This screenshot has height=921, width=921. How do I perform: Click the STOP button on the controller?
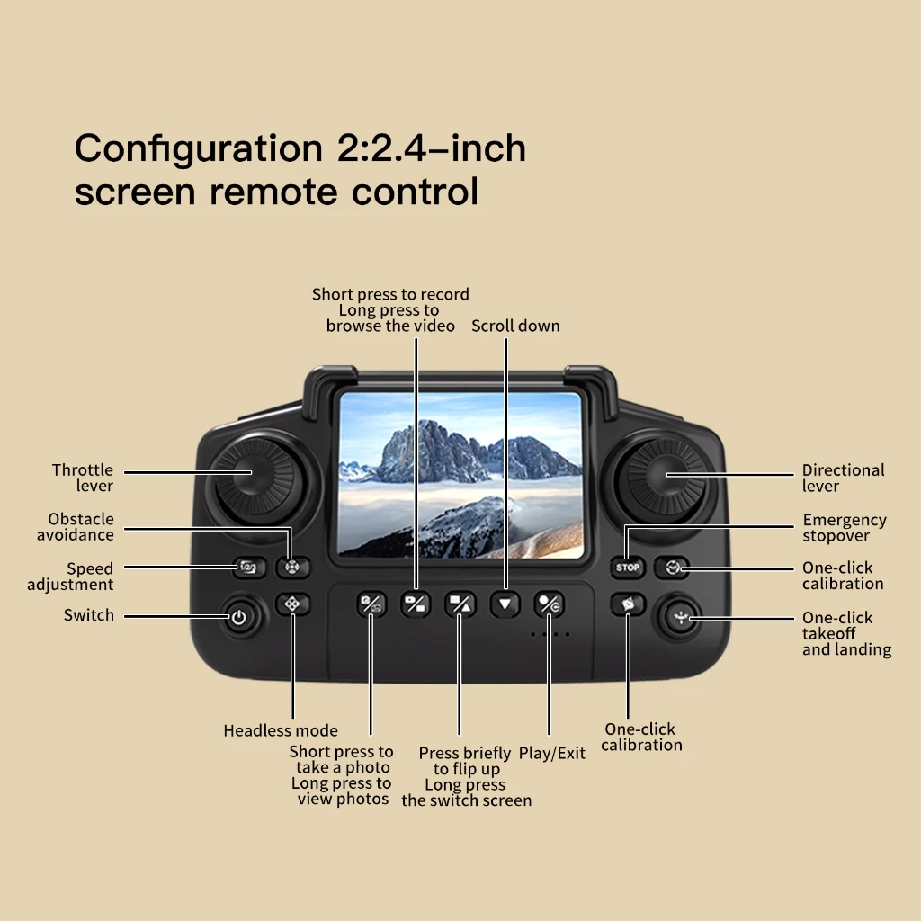point(629,568)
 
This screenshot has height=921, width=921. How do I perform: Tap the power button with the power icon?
point(238,618)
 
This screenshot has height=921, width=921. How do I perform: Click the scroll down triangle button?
point(505,604)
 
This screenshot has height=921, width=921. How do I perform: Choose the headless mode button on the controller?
point(291,604)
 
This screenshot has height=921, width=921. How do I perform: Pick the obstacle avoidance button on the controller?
point(291,568)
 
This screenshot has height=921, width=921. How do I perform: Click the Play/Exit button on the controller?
point(549,604)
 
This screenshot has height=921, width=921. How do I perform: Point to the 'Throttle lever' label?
point(83,478)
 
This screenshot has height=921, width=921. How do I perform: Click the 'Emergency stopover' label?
point(844,528)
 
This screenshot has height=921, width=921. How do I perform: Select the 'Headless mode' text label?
point(281,730)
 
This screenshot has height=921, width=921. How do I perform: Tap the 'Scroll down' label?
point(515,326)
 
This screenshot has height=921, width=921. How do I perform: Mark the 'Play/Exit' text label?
point(551,753)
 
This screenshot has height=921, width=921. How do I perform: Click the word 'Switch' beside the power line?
point(89,615)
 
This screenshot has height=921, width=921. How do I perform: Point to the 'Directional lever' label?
point(843,478)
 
